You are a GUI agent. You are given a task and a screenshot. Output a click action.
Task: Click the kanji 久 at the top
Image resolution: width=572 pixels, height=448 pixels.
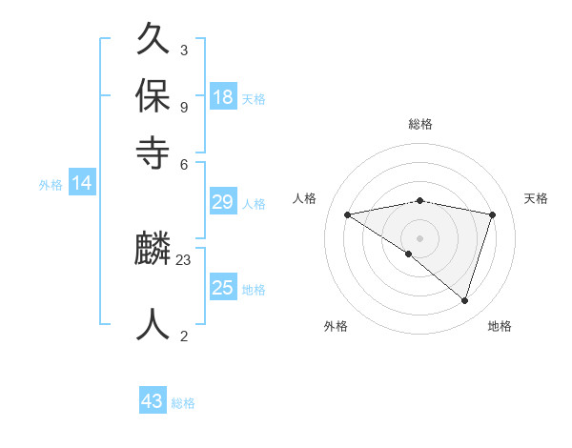point(153,41)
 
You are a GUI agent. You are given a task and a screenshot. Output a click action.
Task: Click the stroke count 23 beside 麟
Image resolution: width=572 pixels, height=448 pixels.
point(184,259)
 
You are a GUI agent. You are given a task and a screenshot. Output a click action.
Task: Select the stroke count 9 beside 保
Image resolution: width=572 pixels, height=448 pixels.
point(183,106)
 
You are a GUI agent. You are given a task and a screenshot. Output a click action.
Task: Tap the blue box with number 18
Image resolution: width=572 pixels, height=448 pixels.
point(223,96)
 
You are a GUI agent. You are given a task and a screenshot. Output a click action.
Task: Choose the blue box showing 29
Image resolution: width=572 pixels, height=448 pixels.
point(223,201)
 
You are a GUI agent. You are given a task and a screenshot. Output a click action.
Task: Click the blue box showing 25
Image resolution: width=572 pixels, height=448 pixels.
point(223,288)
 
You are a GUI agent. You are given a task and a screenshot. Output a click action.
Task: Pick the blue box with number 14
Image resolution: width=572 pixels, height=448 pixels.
point(81,183)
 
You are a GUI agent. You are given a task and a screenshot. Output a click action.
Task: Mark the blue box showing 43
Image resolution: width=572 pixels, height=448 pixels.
point(153,401)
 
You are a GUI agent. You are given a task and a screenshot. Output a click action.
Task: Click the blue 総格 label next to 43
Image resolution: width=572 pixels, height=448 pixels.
point(183,403)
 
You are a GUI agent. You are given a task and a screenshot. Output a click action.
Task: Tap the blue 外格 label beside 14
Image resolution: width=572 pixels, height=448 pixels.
point(50,185)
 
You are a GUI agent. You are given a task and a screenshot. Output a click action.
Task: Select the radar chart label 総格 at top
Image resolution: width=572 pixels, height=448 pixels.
point(420,124)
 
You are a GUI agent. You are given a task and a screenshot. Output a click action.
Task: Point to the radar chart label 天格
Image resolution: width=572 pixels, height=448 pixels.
point(536,198)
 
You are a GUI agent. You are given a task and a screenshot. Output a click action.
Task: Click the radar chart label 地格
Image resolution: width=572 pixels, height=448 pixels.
point(500,326)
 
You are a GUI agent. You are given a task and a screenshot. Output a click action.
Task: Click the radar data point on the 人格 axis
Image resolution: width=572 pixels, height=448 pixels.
point(347,214)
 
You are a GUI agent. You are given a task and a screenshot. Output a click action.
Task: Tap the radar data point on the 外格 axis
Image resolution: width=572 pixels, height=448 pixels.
point(409,254)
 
